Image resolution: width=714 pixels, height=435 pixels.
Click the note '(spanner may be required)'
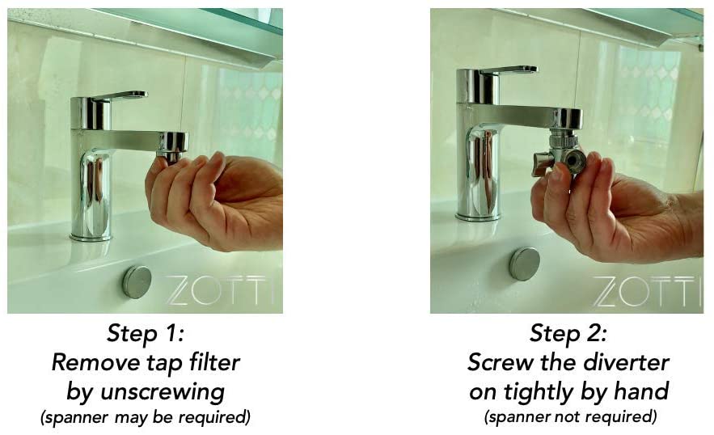146,419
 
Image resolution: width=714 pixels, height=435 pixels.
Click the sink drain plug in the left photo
137,281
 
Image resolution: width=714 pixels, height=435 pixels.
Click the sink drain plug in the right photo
524,264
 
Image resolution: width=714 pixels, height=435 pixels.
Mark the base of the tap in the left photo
91,234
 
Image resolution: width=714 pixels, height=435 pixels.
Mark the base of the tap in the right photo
478,215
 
